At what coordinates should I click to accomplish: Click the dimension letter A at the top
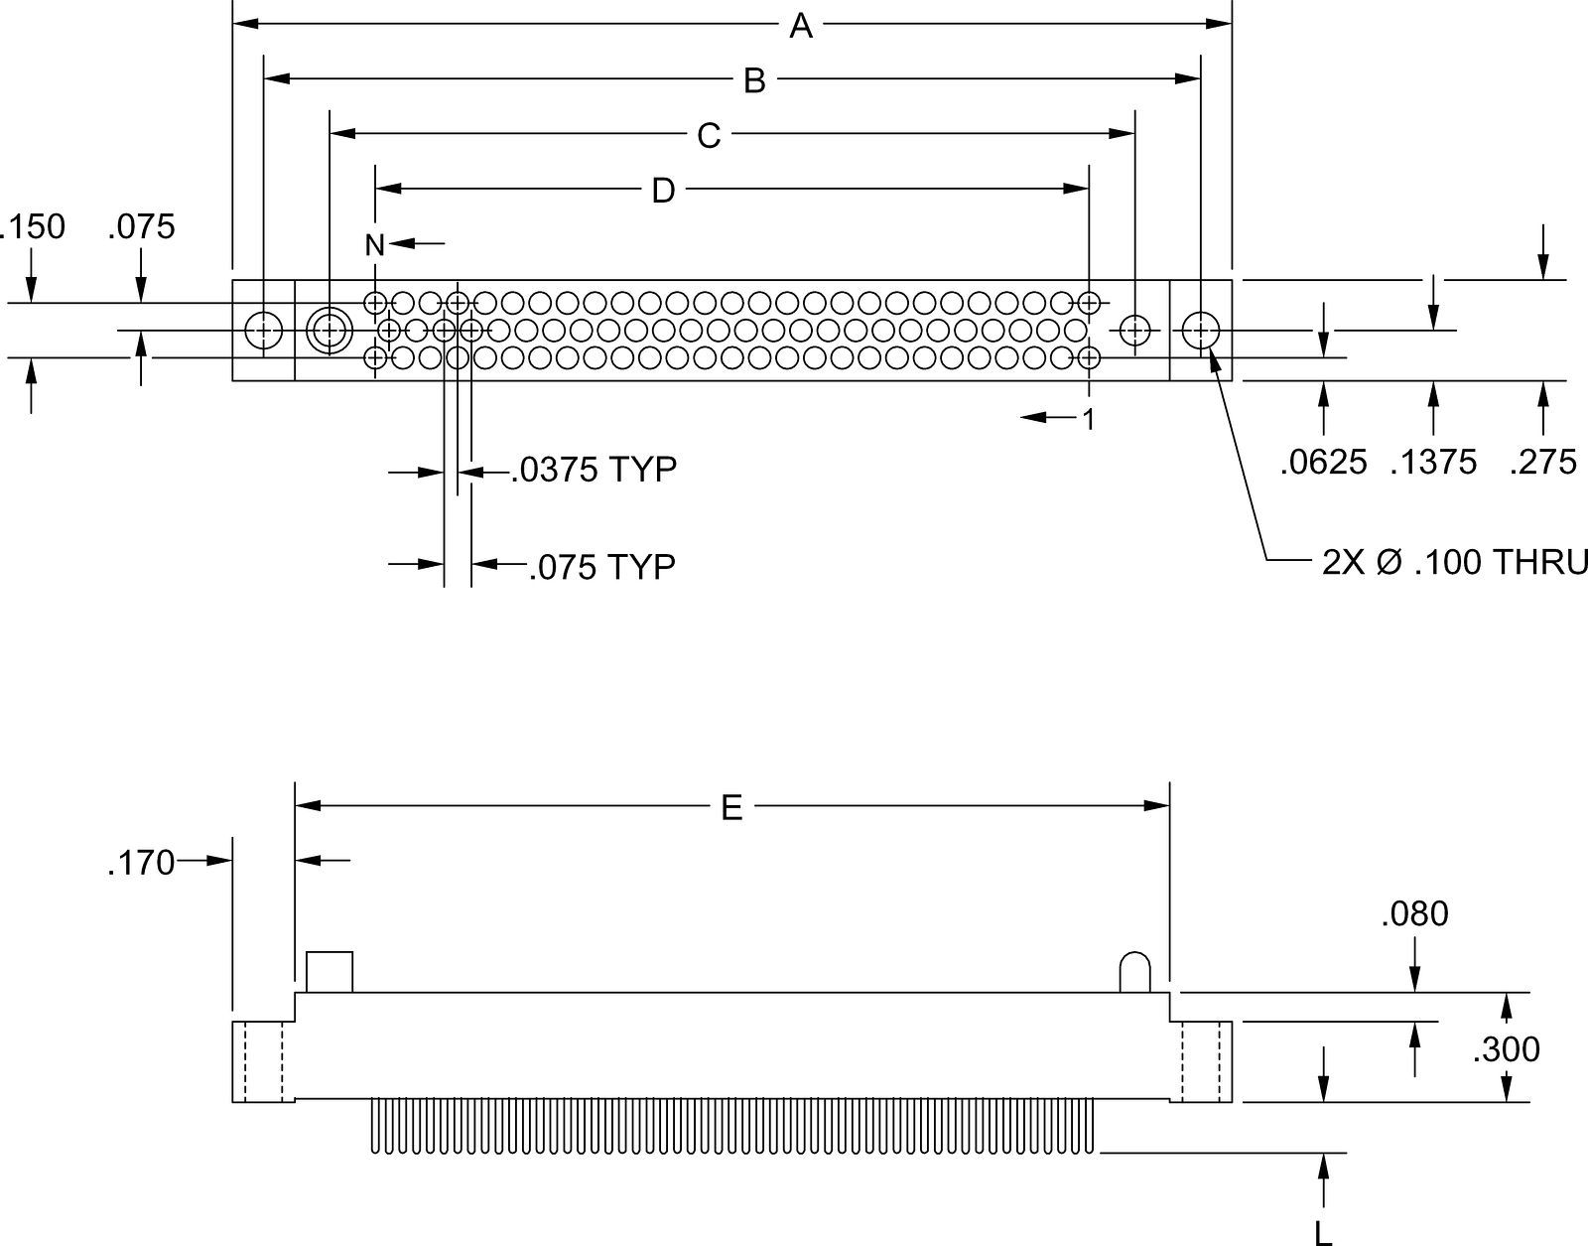801,26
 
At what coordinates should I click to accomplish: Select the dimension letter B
754,81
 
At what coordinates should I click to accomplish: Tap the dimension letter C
709,136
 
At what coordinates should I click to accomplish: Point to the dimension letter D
663,192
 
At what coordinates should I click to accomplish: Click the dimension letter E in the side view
731,808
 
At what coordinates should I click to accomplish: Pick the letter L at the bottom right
1323,1234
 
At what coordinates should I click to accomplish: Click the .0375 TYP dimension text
594,470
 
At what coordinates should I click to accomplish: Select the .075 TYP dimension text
602,568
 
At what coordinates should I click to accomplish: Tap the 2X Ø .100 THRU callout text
1454,563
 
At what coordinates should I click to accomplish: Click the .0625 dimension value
1323,463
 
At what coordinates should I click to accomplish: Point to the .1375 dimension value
1433,463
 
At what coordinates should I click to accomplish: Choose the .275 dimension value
1542,463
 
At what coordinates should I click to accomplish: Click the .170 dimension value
141,863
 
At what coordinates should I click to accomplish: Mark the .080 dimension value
1414,914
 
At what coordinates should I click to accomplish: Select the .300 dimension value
1507,1050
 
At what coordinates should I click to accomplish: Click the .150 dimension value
33,227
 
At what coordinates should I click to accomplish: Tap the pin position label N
374,245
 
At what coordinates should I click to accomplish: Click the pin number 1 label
1089,420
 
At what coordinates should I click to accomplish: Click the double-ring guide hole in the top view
330,331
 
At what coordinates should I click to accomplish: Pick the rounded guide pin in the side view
1134,972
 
